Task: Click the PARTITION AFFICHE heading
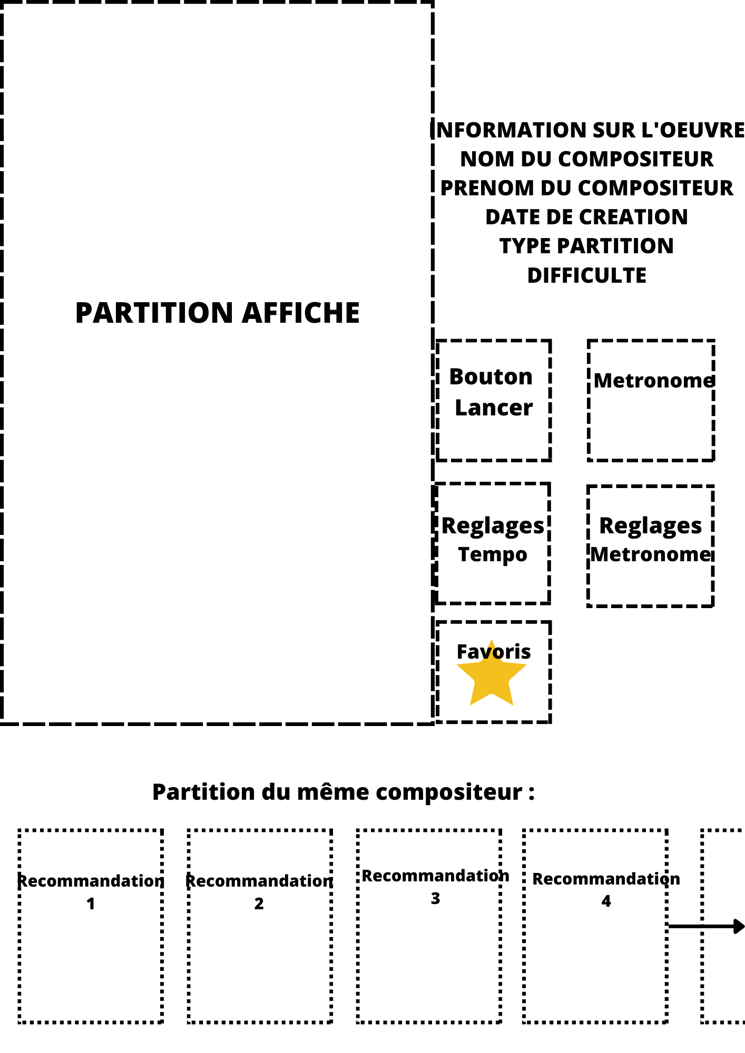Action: pos(218,313)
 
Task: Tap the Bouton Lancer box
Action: pos(494,401)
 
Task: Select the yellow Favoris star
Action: pos(492,674)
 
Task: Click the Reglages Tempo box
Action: pos(493,543)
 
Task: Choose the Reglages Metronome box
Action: pos(651,546)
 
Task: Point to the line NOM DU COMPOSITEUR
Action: pos(587,159)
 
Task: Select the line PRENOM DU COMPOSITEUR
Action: pos(587,188)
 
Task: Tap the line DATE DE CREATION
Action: pos(587,217)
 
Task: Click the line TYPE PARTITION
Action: pos(587,246)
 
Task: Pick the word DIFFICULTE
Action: pos(587,275)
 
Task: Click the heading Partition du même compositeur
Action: pos(344,792)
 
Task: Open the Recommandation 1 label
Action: pos(91,892)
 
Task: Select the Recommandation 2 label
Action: pos(259,892)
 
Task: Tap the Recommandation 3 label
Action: pos(436,887)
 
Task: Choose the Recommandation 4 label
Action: pos(606,890)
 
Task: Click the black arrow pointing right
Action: pos(707,927)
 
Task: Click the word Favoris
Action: pos(494,652)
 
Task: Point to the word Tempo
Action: pos(493,555)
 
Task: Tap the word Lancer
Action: pos(494,408)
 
